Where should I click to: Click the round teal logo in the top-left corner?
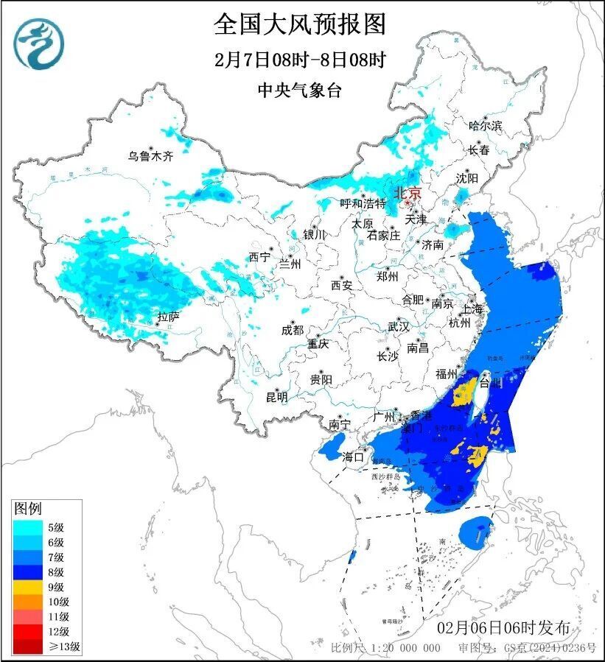[39, 43]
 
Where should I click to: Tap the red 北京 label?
[407, 193]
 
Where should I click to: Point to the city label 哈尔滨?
[485, 126]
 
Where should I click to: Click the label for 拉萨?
[168, 317]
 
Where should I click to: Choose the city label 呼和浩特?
[363, 203]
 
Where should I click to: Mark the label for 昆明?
[277, 397]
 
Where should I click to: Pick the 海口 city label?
[354, 457]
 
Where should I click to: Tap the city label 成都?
[293, 331]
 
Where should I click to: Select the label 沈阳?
[466, 178]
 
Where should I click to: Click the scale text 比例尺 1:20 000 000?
[385, 648]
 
